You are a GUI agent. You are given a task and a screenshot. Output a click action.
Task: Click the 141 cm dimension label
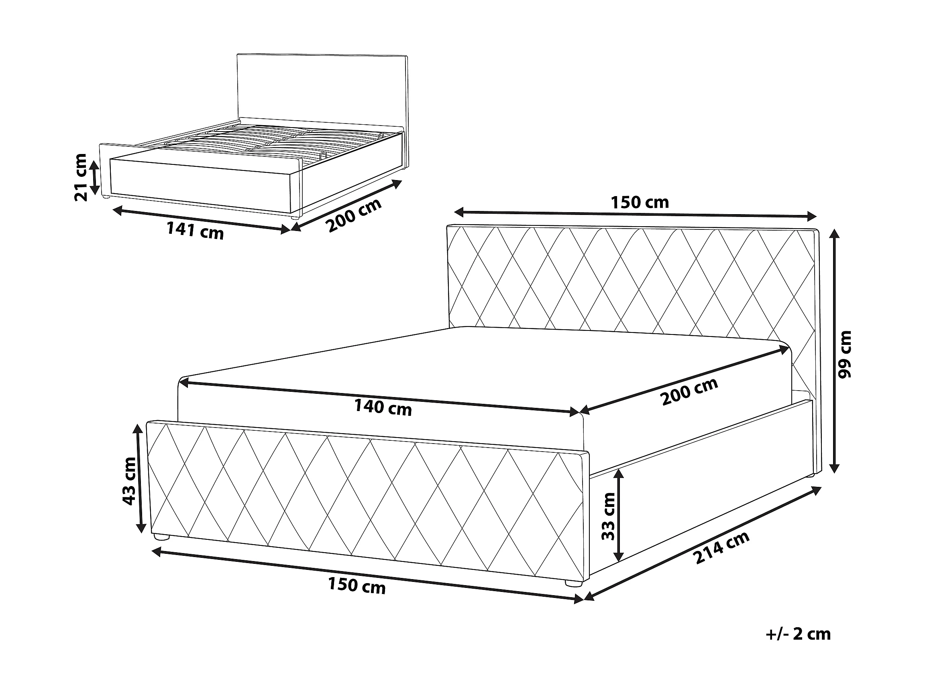click(195, 231)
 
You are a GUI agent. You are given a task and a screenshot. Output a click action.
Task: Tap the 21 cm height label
click(81, 177)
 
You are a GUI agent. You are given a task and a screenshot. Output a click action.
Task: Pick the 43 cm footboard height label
click(130, 481)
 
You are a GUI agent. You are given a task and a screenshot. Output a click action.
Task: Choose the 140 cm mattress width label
click(383, 407)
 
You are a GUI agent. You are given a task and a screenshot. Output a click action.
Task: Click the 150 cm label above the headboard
click(640, 203)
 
